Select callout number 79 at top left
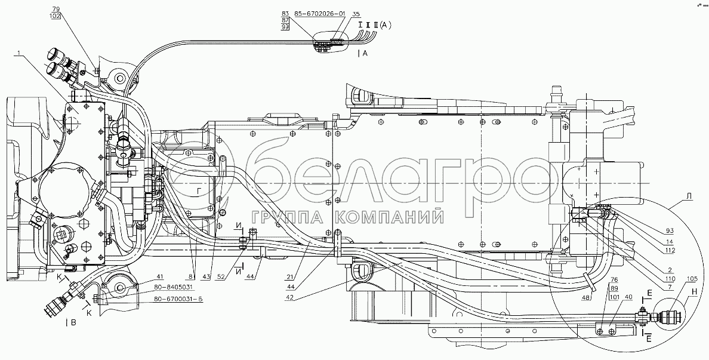(56, 10)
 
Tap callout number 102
(56, 17)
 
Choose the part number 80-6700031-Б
(178, 300)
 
